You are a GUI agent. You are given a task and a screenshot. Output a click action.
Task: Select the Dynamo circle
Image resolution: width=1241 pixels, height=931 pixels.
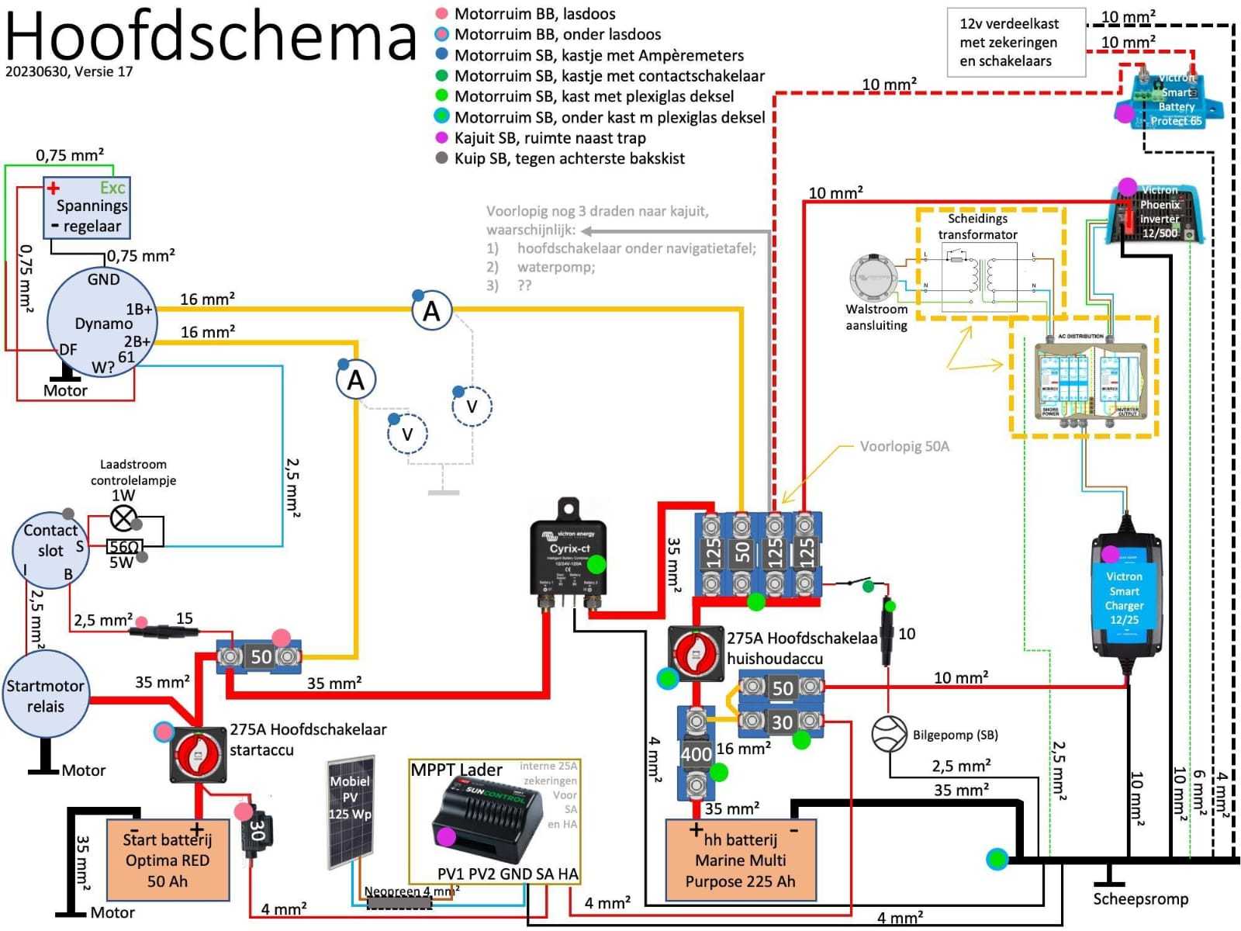click(102, 324)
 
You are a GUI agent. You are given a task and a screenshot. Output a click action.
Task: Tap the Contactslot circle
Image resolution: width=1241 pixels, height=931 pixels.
click(50, 550)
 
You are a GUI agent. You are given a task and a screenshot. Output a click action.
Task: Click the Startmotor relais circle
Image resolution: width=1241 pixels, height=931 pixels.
click(45, 696)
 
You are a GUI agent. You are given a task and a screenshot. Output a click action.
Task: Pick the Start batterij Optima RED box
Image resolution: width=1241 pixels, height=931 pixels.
click(167, 860)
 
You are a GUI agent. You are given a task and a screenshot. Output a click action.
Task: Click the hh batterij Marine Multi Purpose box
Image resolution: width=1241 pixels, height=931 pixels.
click(741, 860)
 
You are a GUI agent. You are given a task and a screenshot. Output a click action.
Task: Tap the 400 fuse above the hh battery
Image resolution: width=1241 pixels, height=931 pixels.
click(696, 753)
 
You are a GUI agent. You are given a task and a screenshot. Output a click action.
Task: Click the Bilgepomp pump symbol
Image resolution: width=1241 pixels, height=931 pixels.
click(889, 734)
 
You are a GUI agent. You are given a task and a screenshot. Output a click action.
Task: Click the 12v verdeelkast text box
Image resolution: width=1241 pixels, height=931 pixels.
click(1015, 43)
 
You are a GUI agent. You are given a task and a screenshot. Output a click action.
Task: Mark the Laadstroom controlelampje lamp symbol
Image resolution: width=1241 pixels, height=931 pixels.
click(123, 517)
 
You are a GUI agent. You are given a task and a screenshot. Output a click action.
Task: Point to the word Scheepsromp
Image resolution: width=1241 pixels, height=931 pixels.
click(1140, 899)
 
